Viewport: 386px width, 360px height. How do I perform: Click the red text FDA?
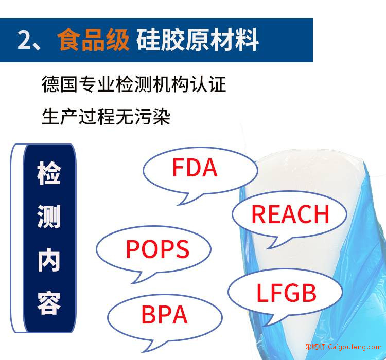coord(195,168)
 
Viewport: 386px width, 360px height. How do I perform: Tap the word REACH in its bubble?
coord(290,214)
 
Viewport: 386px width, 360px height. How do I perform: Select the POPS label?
coord(157,249)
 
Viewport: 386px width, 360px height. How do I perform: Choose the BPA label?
coord(165,315)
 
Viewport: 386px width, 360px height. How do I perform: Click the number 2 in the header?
coord(25,40)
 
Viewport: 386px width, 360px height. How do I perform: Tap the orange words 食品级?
coord(93,40)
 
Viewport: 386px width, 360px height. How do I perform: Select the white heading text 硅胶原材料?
coord(198,40)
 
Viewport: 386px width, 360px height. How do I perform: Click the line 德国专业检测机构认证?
coord(134,84)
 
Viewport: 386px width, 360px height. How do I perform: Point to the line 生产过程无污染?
coord(106,116)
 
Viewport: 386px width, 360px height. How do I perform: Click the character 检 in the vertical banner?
coord(49,173)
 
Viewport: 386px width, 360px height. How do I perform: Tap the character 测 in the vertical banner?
coord(49,217)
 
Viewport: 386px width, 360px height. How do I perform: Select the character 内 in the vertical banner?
coord(49,260)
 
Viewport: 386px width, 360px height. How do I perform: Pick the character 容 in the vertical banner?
coord(49,303)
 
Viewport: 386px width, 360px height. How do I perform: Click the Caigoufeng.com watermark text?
coord(355,347)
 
